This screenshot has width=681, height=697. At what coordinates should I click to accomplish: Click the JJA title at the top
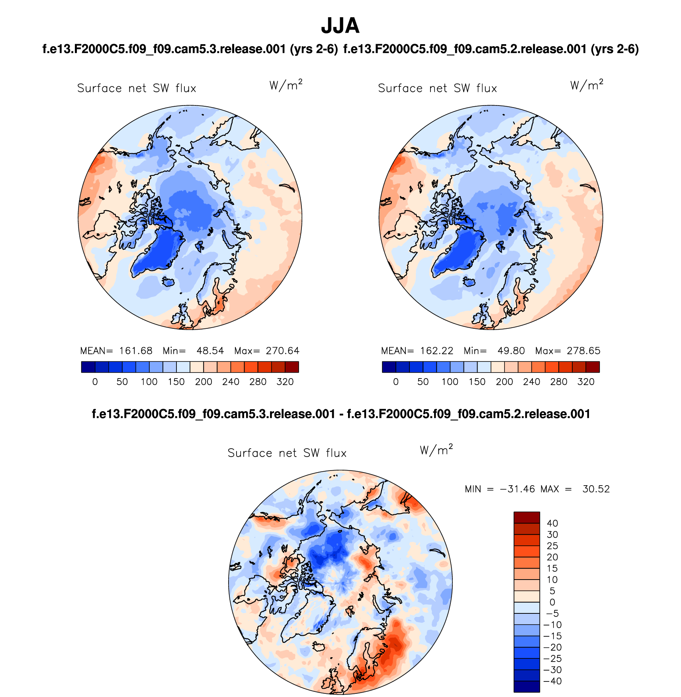click(x=340, y=26)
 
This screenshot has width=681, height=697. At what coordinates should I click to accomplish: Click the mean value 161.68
click(x=135, y=351)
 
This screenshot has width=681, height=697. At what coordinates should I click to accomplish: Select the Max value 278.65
click(x=583, y=351)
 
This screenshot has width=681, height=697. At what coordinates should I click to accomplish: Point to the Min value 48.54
click(x=210, y=351)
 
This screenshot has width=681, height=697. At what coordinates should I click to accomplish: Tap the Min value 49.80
click(x=511, y=351)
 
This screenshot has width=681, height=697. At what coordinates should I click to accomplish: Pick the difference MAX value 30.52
click(x=596, y=489)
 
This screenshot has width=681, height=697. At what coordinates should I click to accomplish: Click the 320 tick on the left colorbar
click(x=285, y=382)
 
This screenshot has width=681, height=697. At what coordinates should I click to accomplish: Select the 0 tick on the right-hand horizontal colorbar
click(x=395, y=382)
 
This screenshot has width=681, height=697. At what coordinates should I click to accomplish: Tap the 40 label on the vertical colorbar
click(x=552, y=523)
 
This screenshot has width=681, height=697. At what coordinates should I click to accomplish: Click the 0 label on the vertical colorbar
click(x=552, y=602)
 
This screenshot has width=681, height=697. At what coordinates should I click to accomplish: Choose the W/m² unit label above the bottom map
click(x=436, y=450)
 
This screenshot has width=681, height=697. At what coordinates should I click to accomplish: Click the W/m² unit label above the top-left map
click(x=286, y=85)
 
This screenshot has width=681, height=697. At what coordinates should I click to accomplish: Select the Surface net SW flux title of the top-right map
click(x=437, y=88)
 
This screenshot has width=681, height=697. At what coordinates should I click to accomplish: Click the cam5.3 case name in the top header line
click(x=190, y=49)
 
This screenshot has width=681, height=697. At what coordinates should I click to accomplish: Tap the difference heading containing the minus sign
click(x=341, y=414)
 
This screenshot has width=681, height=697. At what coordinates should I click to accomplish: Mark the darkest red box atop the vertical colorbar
click(x=526, y=517)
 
